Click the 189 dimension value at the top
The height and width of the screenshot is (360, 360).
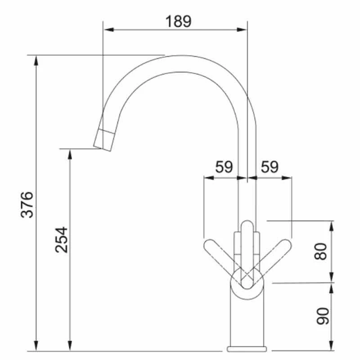[x=178, y=21]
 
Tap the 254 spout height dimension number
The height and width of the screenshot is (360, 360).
[x=62, y=239]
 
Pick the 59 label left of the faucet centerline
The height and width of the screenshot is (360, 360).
[x=224, y=167]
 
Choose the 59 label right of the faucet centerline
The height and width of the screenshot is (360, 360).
[x=270, y=167]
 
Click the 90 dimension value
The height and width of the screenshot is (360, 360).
[x=320, y=316]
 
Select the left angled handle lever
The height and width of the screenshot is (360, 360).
[x=219, y=255]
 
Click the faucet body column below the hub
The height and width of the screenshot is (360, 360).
[x=247, y=322]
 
